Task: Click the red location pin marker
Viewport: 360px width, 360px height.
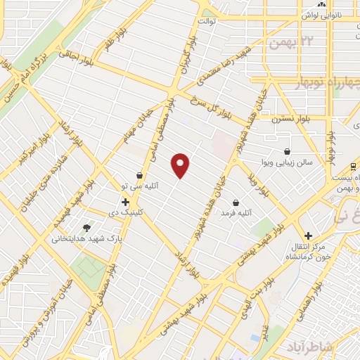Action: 181,165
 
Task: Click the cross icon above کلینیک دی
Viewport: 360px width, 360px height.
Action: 125,202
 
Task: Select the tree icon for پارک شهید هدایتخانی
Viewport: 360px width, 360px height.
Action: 86,227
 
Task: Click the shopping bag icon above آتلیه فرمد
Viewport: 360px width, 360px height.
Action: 236,202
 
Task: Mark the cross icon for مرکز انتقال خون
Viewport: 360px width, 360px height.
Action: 307,236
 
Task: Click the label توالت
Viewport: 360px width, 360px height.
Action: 205,21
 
